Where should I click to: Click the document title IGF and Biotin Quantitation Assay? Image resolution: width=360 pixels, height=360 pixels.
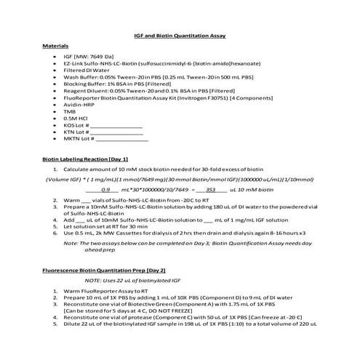coord(179,34)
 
